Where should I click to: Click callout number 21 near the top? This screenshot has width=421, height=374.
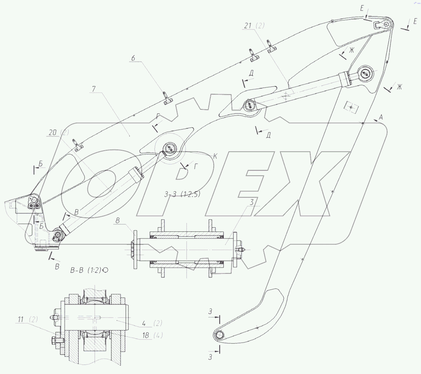pos(248,26)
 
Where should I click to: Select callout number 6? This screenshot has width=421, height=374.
pos(133,58)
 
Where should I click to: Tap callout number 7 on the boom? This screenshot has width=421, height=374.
pos(94,89)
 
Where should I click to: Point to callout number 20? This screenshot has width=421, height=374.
pos(52,133)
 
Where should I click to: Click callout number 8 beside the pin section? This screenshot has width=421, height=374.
pos(118,221)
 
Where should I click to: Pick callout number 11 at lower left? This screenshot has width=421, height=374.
pos(20,320)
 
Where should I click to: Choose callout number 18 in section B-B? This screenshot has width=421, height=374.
pos(145,335)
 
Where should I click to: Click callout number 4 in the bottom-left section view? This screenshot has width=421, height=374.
pos(144,323)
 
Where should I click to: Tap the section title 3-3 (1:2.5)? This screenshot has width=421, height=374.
pos(182,194)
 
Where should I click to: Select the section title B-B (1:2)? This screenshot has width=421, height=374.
pos(86,270)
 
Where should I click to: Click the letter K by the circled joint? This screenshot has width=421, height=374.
pos(215,156)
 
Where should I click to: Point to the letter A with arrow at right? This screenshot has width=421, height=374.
pos(381,118)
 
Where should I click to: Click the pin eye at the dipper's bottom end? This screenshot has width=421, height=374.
pos(219,335)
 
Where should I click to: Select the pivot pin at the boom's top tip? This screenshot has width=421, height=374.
pos(386,24)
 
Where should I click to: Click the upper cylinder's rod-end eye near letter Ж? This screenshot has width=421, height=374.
pos(365,74)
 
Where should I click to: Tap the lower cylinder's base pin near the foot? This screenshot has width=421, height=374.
pos(58,234)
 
